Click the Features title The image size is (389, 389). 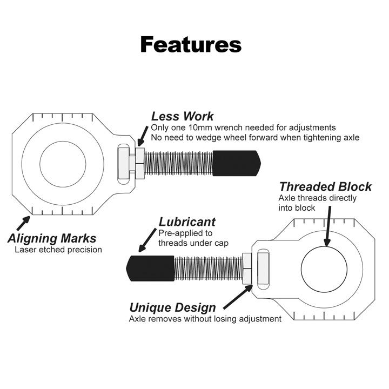(191, 44)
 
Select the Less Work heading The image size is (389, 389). (182, 116)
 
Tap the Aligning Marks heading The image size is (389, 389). (52, 238)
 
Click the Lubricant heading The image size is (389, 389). (187, 222)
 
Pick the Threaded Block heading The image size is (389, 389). (325, 187)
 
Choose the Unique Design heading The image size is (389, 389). (172, 307)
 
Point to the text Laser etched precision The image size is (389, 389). (58, 250)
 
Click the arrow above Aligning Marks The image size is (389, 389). (23, 222)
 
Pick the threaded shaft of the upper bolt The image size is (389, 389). (179, 162)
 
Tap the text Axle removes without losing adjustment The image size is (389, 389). (205, 319)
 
